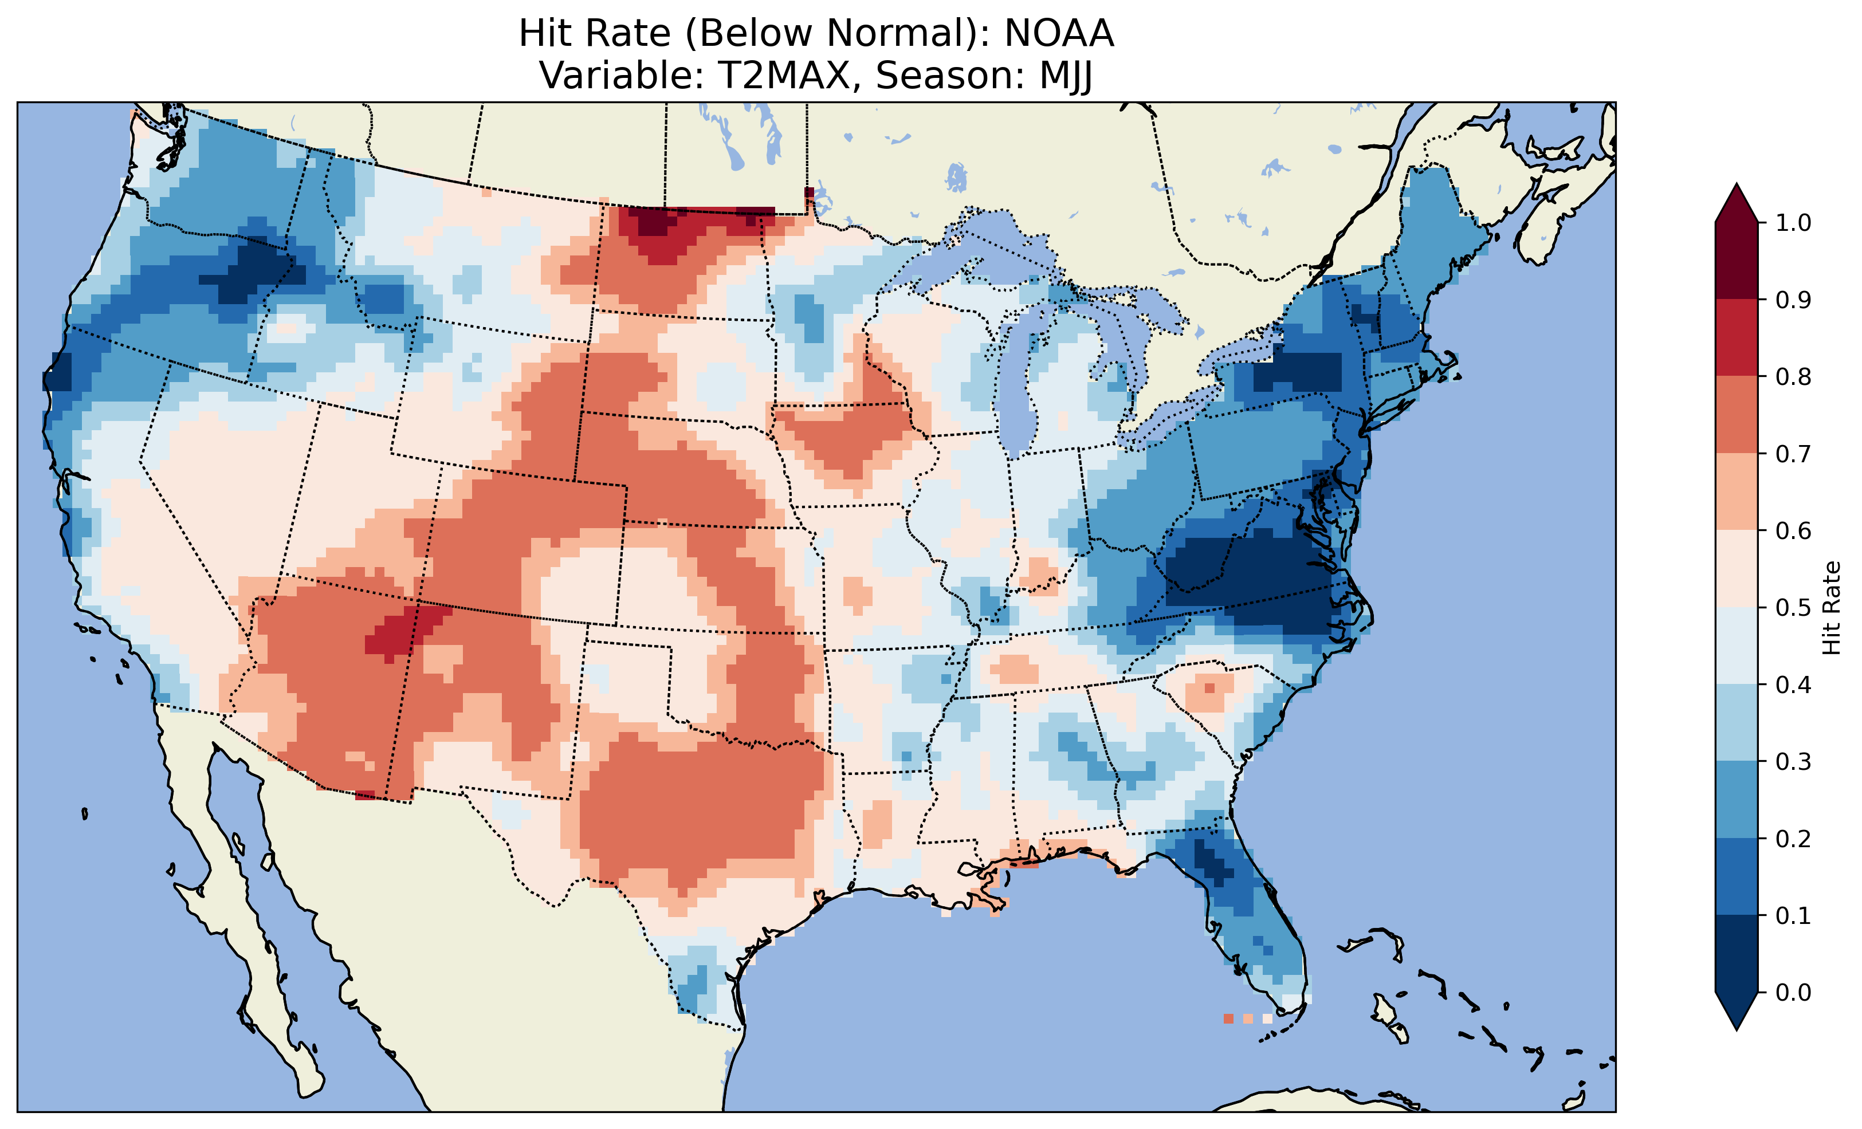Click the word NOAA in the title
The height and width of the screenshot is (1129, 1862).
[1058, 34]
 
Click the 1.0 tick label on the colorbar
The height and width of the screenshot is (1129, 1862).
[1793, 223]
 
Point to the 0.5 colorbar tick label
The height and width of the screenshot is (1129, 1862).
[1793, 608]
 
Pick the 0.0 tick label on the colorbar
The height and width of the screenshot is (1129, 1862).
[1793, 992]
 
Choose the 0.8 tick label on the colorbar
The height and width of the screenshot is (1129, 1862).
[1793, 376]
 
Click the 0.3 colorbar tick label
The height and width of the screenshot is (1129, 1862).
[1793, 762]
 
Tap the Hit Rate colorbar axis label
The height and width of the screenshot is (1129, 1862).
[1831, 608]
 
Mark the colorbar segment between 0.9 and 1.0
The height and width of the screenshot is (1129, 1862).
[1737, 261]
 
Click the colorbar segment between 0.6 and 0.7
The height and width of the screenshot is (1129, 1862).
[1737, 492]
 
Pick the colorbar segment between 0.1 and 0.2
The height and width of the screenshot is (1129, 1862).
[1737, 876]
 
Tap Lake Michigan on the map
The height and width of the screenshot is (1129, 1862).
[1016, 378]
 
